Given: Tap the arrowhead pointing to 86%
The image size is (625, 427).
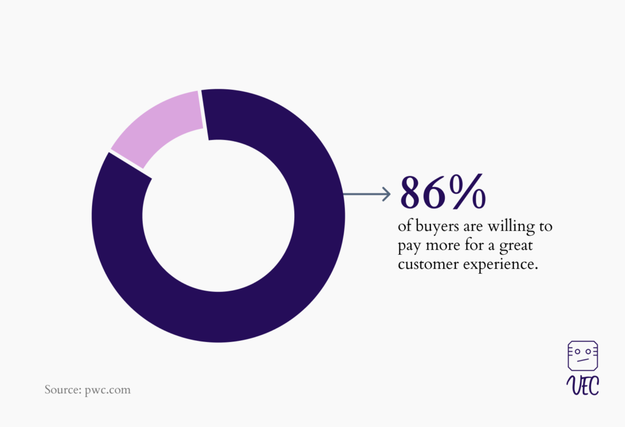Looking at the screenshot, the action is pyautogui.click(x=386, y=194).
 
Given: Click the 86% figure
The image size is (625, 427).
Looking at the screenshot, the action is pyautogui.click(x=443, y=192).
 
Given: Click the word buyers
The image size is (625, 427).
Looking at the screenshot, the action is pyautogui.click(x=437, y=227).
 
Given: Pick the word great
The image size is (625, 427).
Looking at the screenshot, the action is pyautogui.click(x=516, y=246).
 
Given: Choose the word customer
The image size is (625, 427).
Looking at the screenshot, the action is pyautogui.click(x=428, y=264).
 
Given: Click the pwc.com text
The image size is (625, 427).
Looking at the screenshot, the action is pyautogui.click(x=107, y=390).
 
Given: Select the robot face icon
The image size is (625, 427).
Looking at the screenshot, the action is pyautogui.click(x=583, y=356).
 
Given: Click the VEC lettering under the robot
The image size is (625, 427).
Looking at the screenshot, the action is pyautogui.click(x=583, y=385).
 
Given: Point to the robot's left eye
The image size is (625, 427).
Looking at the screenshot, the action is pyautogui.click(x=577, y=352).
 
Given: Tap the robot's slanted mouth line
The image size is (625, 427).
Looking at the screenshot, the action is pyautogui.click(x=583, y=360).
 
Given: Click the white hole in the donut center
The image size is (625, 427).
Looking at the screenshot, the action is pyautogui.click(x=219, y=216).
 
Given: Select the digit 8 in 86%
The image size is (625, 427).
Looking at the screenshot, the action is pyautogui.click(x=411, y=192).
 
